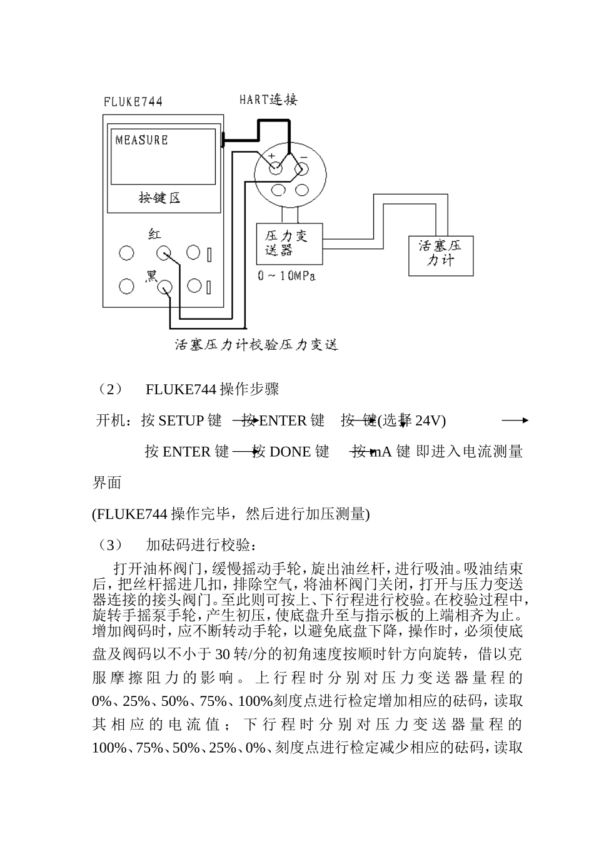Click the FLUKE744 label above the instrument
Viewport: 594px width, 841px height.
coord(133,101)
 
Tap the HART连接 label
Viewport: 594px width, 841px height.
coord(268,99)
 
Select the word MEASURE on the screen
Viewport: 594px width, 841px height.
coord(141,140)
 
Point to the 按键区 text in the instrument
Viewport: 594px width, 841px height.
coord(159,198)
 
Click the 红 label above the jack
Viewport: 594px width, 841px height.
coord(154,234)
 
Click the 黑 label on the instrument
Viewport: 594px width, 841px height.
coord(151,275)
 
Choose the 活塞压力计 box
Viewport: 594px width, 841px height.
coord(441,254)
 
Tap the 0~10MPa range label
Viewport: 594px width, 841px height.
coord(286,275)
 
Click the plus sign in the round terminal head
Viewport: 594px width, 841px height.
coord(271,155)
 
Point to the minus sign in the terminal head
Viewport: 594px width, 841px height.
coord(304,155)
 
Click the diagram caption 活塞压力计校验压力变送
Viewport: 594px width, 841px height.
coord(256,345)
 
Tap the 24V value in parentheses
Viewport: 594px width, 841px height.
coord(428,421)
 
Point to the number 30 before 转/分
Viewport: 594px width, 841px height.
coord(223,655)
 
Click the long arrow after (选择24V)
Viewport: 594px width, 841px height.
coord(515,421)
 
